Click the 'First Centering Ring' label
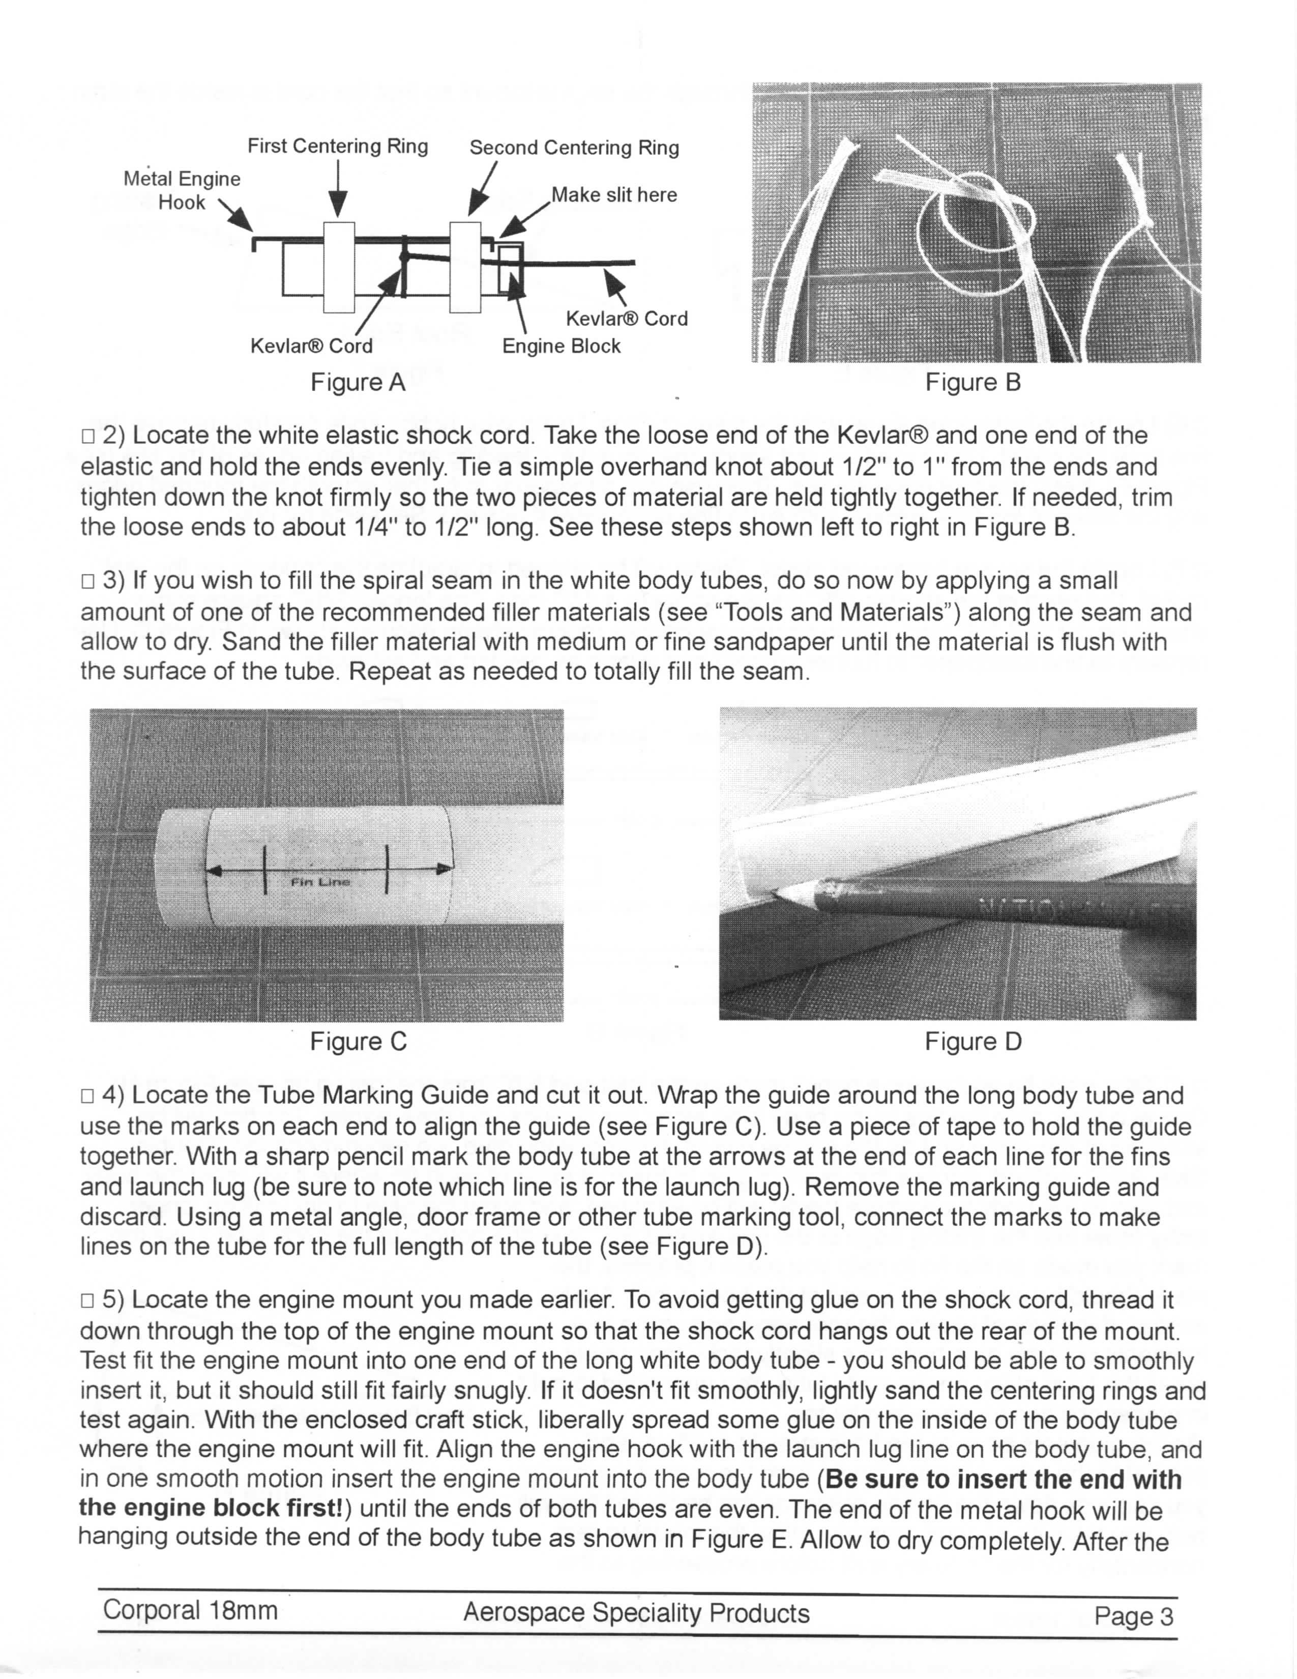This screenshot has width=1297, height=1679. coord(337,146)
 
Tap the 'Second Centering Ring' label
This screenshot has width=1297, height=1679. coord(574,148)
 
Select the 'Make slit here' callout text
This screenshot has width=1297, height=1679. coord(614,195)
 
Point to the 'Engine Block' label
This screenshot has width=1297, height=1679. coord(561,346)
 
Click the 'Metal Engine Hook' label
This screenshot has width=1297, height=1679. coord(182,191)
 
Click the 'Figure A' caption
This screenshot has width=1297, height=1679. coord(357,382)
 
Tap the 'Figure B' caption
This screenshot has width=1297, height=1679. coord(972,382)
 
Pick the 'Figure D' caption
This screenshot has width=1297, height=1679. coord(972,1041)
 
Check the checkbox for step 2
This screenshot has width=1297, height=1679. coord(87,437)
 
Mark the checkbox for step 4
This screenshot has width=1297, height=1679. coord(87,1096)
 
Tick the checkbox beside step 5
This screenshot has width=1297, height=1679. coord(87,1301)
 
